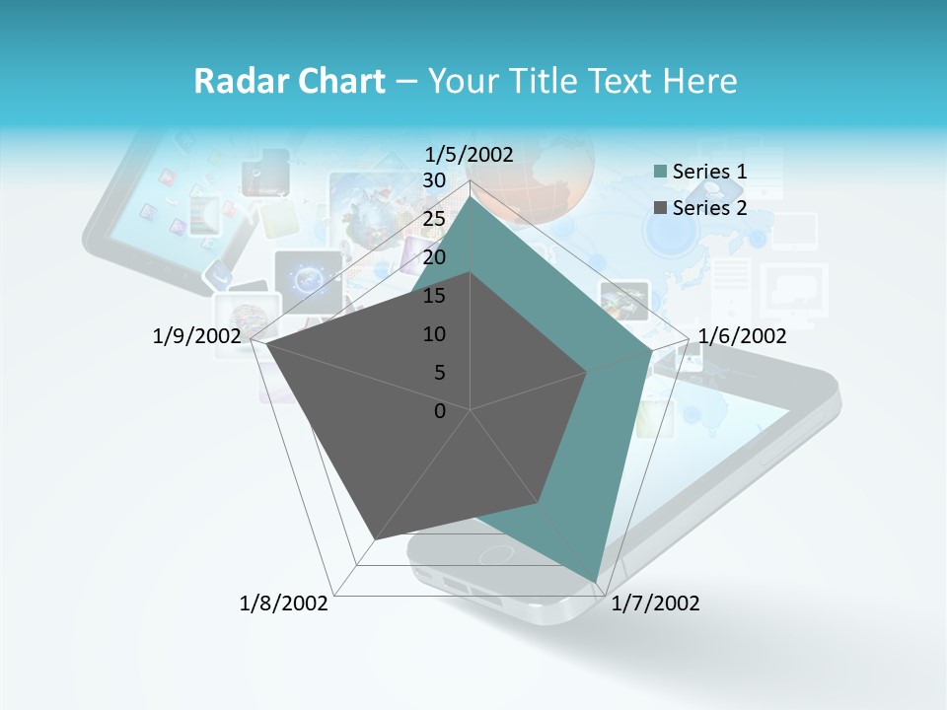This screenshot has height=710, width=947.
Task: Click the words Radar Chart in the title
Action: click(x=289, y=81)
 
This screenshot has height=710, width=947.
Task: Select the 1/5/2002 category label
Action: click(x=470, y=154)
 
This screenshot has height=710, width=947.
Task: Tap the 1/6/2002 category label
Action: click(x=742, y=336)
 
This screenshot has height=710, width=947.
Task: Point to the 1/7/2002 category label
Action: click(x=655, y=603)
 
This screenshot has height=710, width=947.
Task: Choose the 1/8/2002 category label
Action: click(x=284, y=603)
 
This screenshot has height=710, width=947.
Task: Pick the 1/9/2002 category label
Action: click(x=197, y=336)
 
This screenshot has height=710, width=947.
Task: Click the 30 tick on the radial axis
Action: click(x=434, y=180)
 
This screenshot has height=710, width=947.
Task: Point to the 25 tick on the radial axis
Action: click(x=434, y=219)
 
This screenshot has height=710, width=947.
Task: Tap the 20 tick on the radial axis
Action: click(x=434, y=257)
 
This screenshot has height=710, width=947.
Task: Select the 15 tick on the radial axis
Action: click(x=434, y=296)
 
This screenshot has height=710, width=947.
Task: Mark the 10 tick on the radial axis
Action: click(x=434, y=334)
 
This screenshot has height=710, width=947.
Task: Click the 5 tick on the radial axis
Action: click(x=439, y=373)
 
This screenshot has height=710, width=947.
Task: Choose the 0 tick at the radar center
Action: click(x=440, y=411)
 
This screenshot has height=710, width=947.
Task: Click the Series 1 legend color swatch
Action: click(x=661, y=173)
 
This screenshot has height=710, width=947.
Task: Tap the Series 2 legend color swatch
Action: click(x=661, y=208)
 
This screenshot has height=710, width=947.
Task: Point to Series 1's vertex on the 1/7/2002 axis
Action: click(x=596, y=581)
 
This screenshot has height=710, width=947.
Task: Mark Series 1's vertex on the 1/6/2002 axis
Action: click(x=652, y=350)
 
